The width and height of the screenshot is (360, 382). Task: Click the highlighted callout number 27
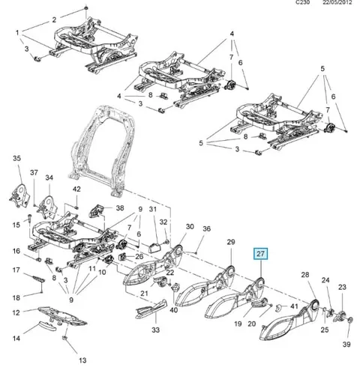(260, 254)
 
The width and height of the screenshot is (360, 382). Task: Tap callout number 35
(16, 158)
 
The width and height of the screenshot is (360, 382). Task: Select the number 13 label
(82, 360)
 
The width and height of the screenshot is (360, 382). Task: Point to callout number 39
(346, 345)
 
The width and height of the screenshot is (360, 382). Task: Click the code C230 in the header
(302, 2)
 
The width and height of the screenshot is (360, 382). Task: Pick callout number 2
(54, 19)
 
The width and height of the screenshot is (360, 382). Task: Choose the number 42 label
(76, 189)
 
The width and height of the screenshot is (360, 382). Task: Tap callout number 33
(155, 330)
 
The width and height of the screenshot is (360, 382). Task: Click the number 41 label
(294, 306)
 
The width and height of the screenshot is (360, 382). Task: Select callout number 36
(206, 228)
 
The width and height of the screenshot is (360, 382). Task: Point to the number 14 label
(16, 339)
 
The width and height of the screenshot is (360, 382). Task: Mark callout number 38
(120, 207)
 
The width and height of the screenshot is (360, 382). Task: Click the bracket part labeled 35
(19, 195)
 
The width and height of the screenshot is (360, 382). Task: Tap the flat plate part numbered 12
(61, 316)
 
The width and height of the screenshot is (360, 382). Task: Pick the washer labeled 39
(349, 320)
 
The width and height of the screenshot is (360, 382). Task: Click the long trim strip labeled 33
(151, 309)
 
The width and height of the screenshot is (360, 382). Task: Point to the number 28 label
(305, 275)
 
